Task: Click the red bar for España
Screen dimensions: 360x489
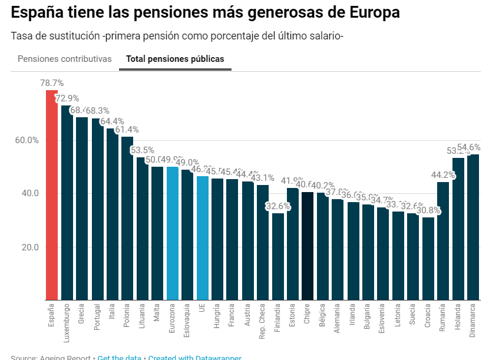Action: pos(52,194)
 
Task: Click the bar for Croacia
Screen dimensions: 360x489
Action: pos(428,259)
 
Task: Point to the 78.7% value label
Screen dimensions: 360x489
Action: pos(52,83)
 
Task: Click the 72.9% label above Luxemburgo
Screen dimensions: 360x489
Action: pos(67,98)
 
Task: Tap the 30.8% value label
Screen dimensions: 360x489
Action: pos(428,210)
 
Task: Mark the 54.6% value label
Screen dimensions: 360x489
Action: pos(469,147)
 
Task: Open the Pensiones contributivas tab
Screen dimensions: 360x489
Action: pos(65,59)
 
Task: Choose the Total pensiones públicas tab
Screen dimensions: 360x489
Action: pos(175,59)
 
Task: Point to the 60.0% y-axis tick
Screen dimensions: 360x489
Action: pos(27,140)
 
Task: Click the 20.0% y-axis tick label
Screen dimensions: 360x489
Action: pos(27,247)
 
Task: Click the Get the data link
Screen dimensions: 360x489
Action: pos(120,357)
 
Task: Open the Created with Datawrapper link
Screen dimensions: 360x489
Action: pos(194,357)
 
